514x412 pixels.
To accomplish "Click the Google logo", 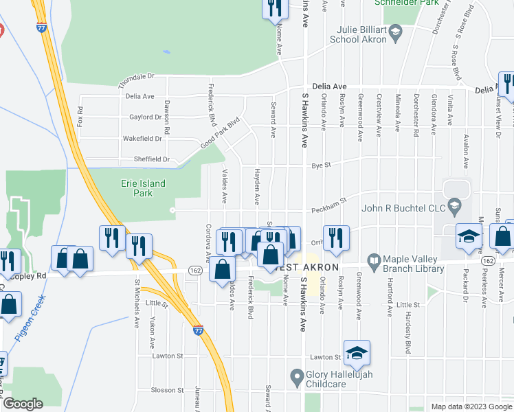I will [x=23, y=404].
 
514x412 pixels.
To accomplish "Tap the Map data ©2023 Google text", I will [x=471, y=407].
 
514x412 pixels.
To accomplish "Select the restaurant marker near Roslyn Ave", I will [x=336, y=239].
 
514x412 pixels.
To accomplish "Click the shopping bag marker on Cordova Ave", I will [x=223, y=271].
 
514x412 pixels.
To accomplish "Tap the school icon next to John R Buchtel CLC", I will [x=454, y=205].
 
